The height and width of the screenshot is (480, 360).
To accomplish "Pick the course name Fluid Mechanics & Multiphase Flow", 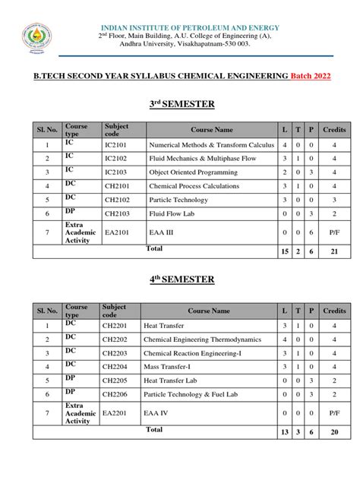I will (x=198, y=158).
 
